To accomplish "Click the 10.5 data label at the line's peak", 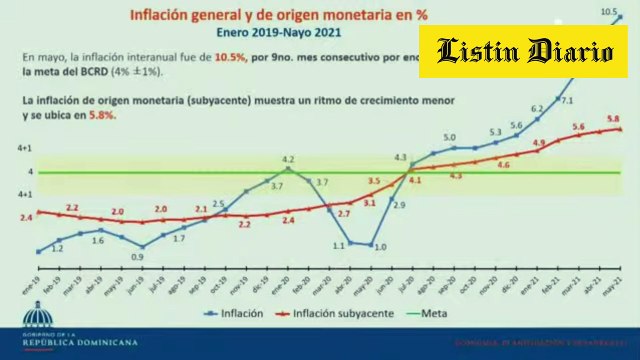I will [x=607, y=12].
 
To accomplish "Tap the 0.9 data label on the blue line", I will [x=136, y=257].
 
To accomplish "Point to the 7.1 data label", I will [x=567, y=100].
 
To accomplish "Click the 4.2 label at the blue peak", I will [x=288, y=159].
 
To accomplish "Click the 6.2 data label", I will [x=536, y=108].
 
